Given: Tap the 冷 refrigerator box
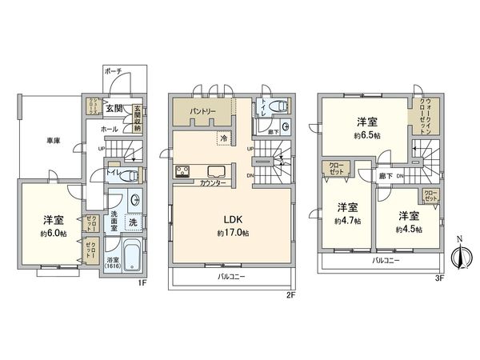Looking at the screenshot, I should [221, 138].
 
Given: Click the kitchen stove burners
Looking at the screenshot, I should [182, 170].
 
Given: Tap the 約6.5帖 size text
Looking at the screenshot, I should [367, 135].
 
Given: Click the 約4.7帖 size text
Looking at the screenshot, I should [347, 220].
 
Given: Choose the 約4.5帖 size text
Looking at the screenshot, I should [409, 229].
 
